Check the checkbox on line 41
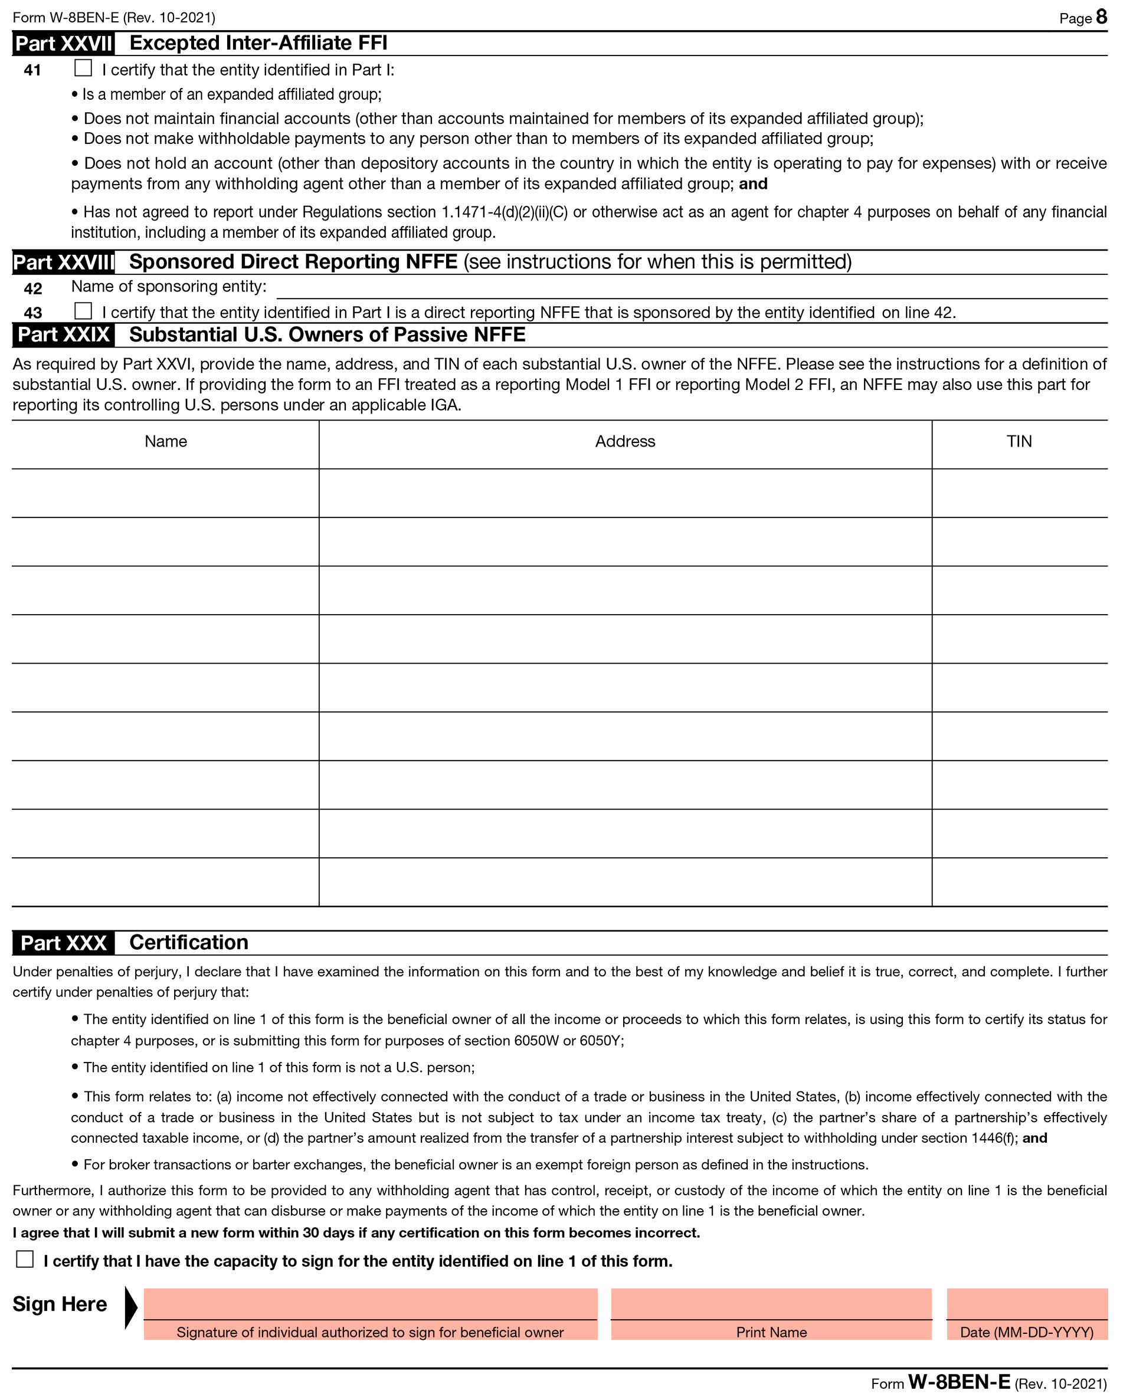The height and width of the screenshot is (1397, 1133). coord(83,68)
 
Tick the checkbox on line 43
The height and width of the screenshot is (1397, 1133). coord(83,310)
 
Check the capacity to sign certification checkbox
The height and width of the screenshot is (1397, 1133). coord(25,1259)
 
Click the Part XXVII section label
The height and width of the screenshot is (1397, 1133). coord(63,44)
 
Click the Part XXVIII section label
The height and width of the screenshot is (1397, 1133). coord(63,263)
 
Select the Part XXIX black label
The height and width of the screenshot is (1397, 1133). coord(63,335)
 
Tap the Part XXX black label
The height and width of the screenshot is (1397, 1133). coord(63,943)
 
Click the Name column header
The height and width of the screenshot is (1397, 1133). coord(166,442)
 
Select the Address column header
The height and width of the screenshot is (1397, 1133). coord(624,442)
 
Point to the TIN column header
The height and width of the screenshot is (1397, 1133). coord(1019,442)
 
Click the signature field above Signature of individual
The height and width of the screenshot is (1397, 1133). coord(370,1304)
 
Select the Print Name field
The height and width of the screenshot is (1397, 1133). coord(771,1304)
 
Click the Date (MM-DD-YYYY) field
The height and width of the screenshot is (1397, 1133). coord(1027,1304)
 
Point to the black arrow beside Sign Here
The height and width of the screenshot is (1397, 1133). coord(130,1307)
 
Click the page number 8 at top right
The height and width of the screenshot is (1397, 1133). coord(1101,17)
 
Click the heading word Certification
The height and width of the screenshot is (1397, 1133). coord(189,942)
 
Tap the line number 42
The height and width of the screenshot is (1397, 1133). coord(32,288)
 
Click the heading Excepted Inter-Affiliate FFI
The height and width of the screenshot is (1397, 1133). coord(258,43)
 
